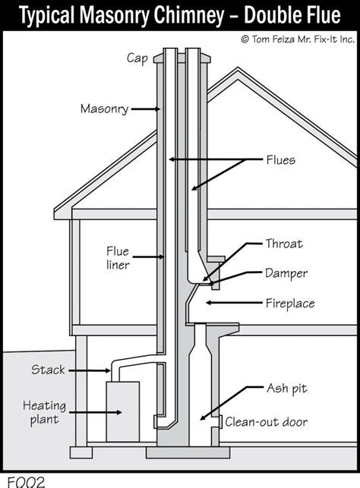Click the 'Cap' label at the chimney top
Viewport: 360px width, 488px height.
[137, 58]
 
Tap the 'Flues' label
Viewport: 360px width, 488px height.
[280, 161]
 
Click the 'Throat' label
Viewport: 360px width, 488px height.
[283, 244]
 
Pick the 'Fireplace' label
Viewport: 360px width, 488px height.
[289, 304]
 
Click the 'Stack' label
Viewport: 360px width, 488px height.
[49, 370]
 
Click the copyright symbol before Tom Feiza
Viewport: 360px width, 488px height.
[245, 38]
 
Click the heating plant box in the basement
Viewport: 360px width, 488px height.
[124, 414]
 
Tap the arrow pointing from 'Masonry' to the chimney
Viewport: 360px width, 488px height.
[144, 109]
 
